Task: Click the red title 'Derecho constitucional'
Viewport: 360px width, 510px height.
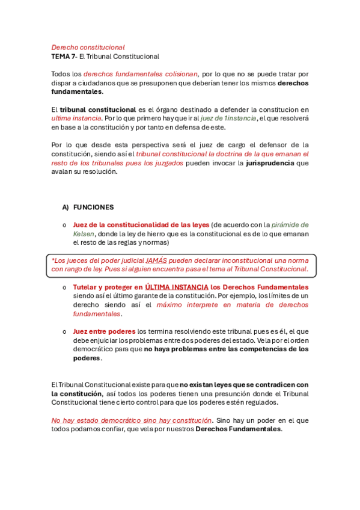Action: point(88,47)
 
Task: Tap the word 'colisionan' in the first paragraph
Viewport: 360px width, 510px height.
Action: point(180,74)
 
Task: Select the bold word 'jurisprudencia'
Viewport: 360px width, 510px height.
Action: point(270,162)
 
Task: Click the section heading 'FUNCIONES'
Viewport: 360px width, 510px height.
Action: point(93,207)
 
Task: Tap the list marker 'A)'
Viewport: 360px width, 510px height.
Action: point(66,207)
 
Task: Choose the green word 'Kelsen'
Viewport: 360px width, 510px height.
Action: point(84,233)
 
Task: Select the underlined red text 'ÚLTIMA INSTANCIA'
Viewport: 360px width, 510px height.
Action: point(177,287)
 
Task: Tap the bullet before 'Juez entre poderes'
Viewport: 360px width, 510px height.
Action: point(64,331)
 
